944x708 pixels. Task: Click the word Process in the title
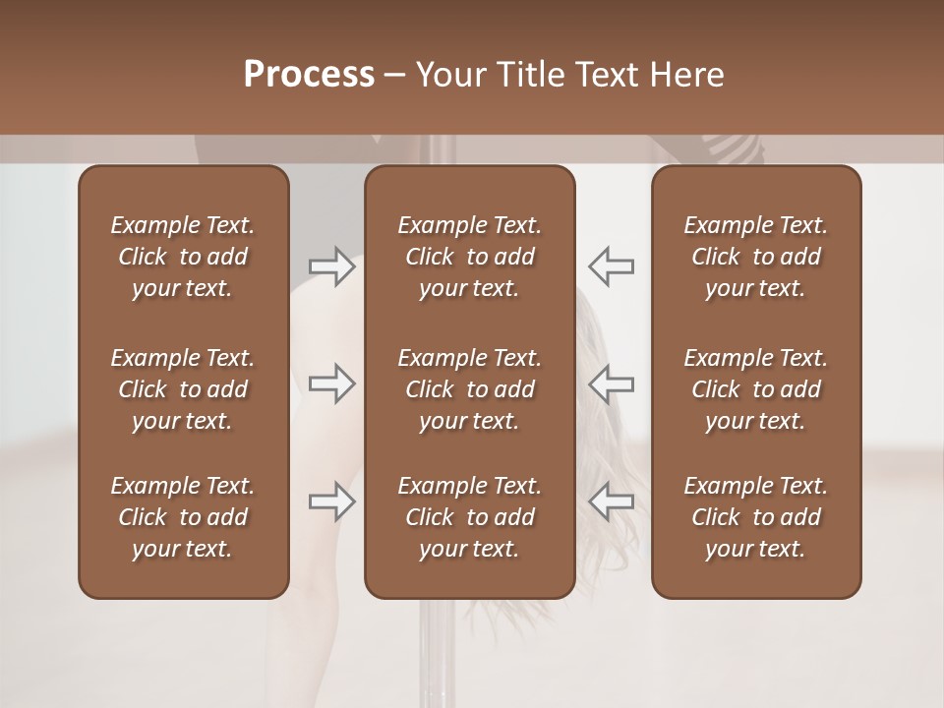pos(309,75)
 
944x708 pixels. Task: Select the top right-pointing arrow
pos(332,266)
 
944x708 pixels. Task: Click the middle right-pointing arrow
pos(332,383)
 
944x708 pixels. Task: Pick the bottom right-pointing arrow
pos(332,501)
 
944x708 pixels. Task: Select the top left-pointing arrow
pos(611,266)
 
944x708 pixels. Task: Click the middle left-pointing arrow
pos(611,383)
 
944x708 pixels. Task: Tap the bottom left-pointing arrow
pos(611,501)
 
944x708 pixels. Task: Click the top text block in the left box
pos(183,257)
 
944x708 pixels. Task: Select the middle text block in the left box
pos(183,389)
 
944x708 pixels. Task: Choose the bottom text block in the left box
pos(183,517)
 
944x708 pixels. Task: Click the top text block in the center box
pos(470,257)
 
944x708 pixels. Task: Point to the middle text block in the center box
pos(470,389)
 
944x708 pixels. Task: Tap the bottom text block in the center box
pos(470,517)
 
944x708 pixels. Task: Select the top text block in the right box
pos(756,257)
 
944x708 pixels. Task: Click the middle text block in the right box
pos(756,389)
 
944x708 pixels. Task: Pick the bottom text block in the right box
pos(756,517)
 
